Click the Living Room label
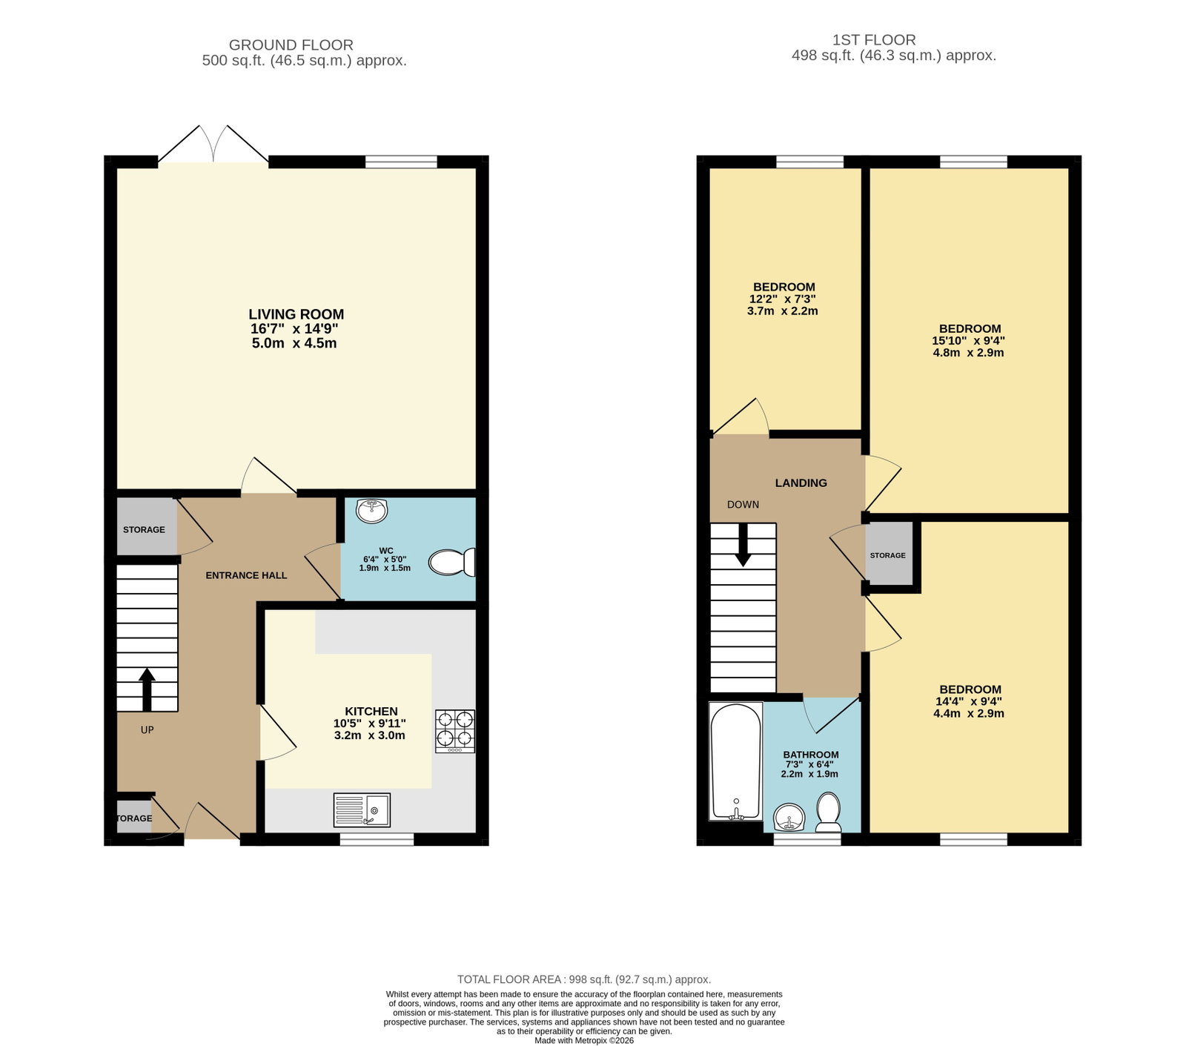296,314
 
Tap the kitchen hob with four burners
455,731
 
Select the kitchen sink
362,810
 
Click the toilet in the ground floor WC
452,562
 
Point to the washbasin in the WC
371,511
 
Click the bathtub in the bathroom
736,761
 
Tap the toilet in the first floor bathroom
828,812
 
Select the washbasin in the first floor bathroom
790,819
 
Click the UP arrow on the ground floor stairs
147,689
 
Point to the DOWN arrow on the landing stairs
742,544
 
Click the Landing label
801,483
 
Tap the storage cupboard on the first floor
888,554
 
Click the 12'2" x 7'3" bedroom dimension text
783,299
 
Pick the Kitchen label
371,712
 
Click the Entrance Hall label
246,575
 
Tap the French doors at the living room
213,144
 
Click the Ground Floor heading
291,45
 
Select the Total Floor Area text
584,979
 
